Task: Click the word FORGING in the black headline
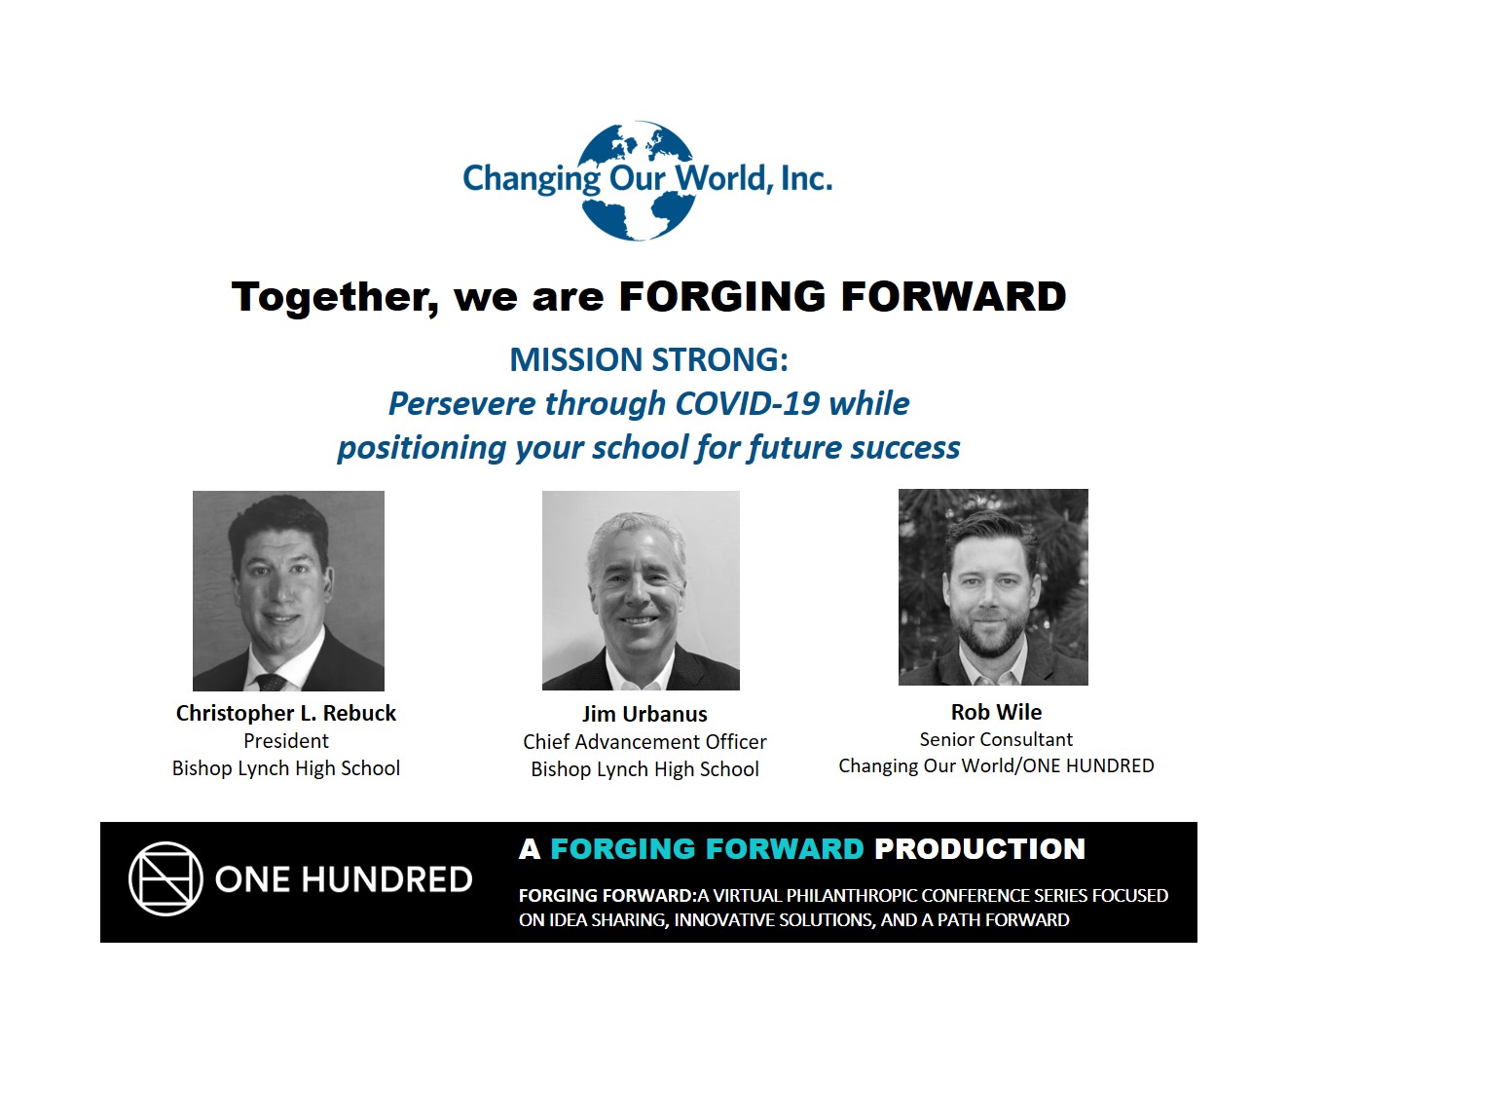721,297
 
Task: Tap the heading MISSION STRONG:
649,359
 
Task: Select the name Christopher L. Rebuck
286,713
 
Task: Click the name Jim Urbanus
644,714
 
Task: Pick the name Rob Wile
996,712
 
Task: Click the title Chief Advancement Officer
644,741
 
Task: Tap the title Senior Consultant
996,739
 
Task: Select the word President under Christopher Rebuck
286,740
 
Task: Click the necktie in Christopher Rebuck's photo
271,682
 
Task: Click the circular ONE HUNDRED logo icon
166,879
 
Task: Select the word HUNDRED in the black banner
387,879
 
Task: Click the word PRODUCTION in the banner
979,848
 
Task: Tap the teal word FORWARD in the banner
785,848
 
